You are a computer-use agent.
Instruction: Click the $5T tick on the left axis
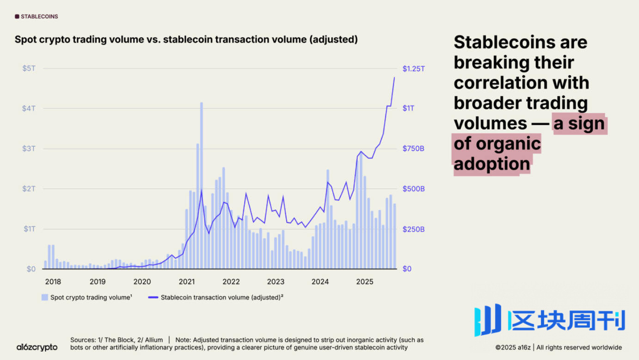coord(29,68)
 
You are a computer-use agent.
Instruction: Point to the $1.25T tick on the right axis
coord(413,68)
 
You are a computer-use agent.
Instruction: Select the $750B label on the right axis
coord(413,149)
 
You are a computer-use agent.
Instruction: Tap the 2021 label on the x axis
coord(187,281)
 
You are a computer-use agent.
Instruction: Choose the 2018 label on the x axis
coord(53,281)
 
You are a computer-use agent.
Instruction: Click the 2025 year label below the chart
coord(365,281)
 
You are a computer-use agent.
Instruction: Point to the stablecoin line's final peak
coord(394,77)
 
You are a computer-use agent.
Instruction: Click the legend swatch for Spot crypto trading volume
coord(44,298)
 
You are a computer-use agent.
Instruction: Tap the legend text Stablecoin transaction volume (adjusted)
coord(221,298)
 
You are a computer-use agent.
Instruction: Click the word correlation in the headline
coord(521,83)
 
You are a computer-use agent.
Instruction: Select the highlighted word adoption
coord(492,164)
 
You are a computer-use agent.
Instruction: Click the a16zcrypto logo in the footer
coord(37,347)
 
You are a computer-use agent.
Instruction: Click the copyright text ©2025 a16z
coord(513,348)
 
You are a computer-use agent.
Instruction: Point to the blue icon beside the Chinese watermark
coord(488,320)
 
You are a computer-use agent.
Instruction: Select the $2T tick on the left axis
coord(29,189)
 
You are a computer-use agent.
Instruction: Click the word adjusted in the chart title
coord(332,40)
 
